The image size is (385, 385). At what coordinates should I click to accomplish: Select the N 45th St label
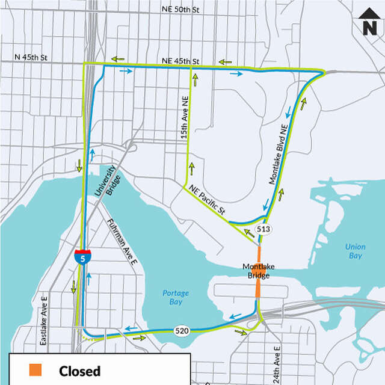coord(31,58)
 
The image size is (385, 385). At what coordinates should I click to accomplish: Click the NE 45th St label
coord(180,61)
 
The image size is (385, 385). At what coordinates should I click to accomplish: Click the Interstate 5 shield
coord(83,257)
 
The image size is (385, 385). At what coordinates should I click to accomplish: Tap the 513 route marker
coord(263,229)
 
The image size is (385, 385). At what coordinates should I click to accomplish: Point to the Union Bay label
coord(355,251)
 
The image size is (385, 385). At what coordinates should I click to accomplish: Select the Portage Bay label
coord(176,297)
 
